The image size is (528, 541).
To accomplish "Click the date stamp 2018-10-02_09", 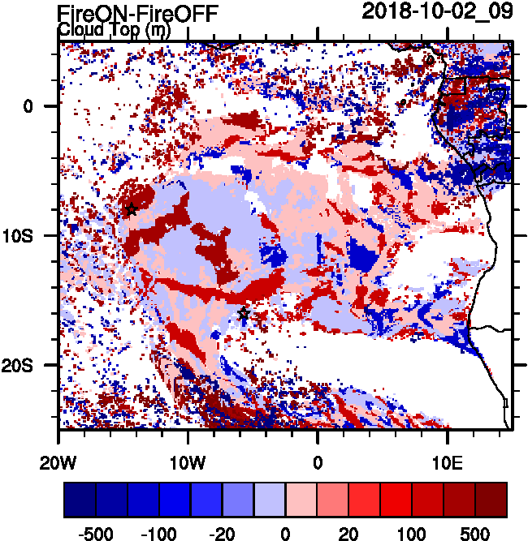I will [x=437, y=11].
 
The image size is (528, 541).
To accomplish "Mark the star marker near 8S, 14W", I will [x=132, y=209].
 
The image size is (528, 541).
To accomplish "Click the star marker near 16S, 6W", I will [x=244, y=314].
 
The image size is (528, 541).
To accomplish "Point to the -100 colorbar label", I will [x=160, y=534].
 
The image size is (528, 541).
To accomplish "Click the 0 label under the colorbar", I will [x=286, y=534].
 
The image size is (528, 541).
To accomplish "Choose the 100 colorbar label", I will [x=412, y=534].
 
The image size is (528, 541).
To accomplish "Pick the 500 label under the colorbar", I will [x=475, y=534].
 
